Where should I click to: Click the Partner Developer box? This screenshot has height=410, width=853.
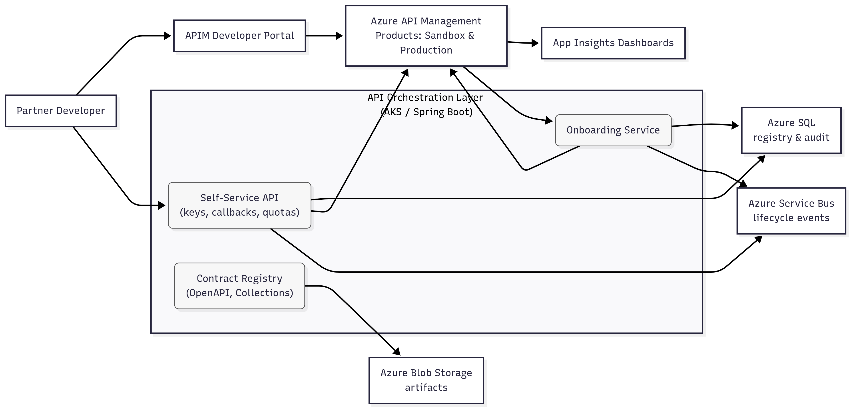tap(61, 111)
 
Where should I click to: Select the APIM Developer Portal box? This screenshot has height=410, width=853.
tap(239, 36)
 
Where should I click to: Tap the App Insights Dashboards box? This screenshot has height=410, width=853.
tap(613, 43)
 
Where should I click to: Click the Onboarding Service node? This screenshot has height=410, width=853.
tap(613, 130)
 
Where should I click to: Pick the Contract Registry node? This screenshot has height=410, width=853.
tap(239, 285)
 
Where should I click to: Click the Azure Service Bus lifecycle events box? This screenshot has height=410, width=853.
tap(791, 211)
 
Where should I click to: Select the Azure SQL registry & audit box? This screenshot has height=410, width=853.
tap(791, 130)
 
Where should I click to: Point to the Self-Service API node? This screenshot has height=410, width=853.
tap(239, 205)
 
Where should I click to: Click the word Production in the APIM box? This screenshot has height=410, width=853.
tap(426, 50)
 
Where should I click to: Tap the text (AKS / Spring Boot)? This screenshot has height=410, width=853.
tap(426, 112)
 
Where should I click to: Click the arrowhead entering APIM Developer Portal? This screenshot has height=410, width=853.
tap(167, 36)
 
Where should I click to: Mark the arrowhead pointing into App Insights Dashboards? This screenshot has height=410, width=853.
tap(535, 43)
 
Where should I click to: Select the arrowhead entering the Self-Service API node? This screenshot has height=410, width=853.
tap(162, 205)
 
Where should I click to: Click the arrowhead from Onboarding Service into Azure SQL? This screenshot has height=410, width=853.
tap(735, 125)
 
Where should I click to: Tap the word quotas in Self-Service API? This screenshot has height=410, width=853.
tap(281, 212)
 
